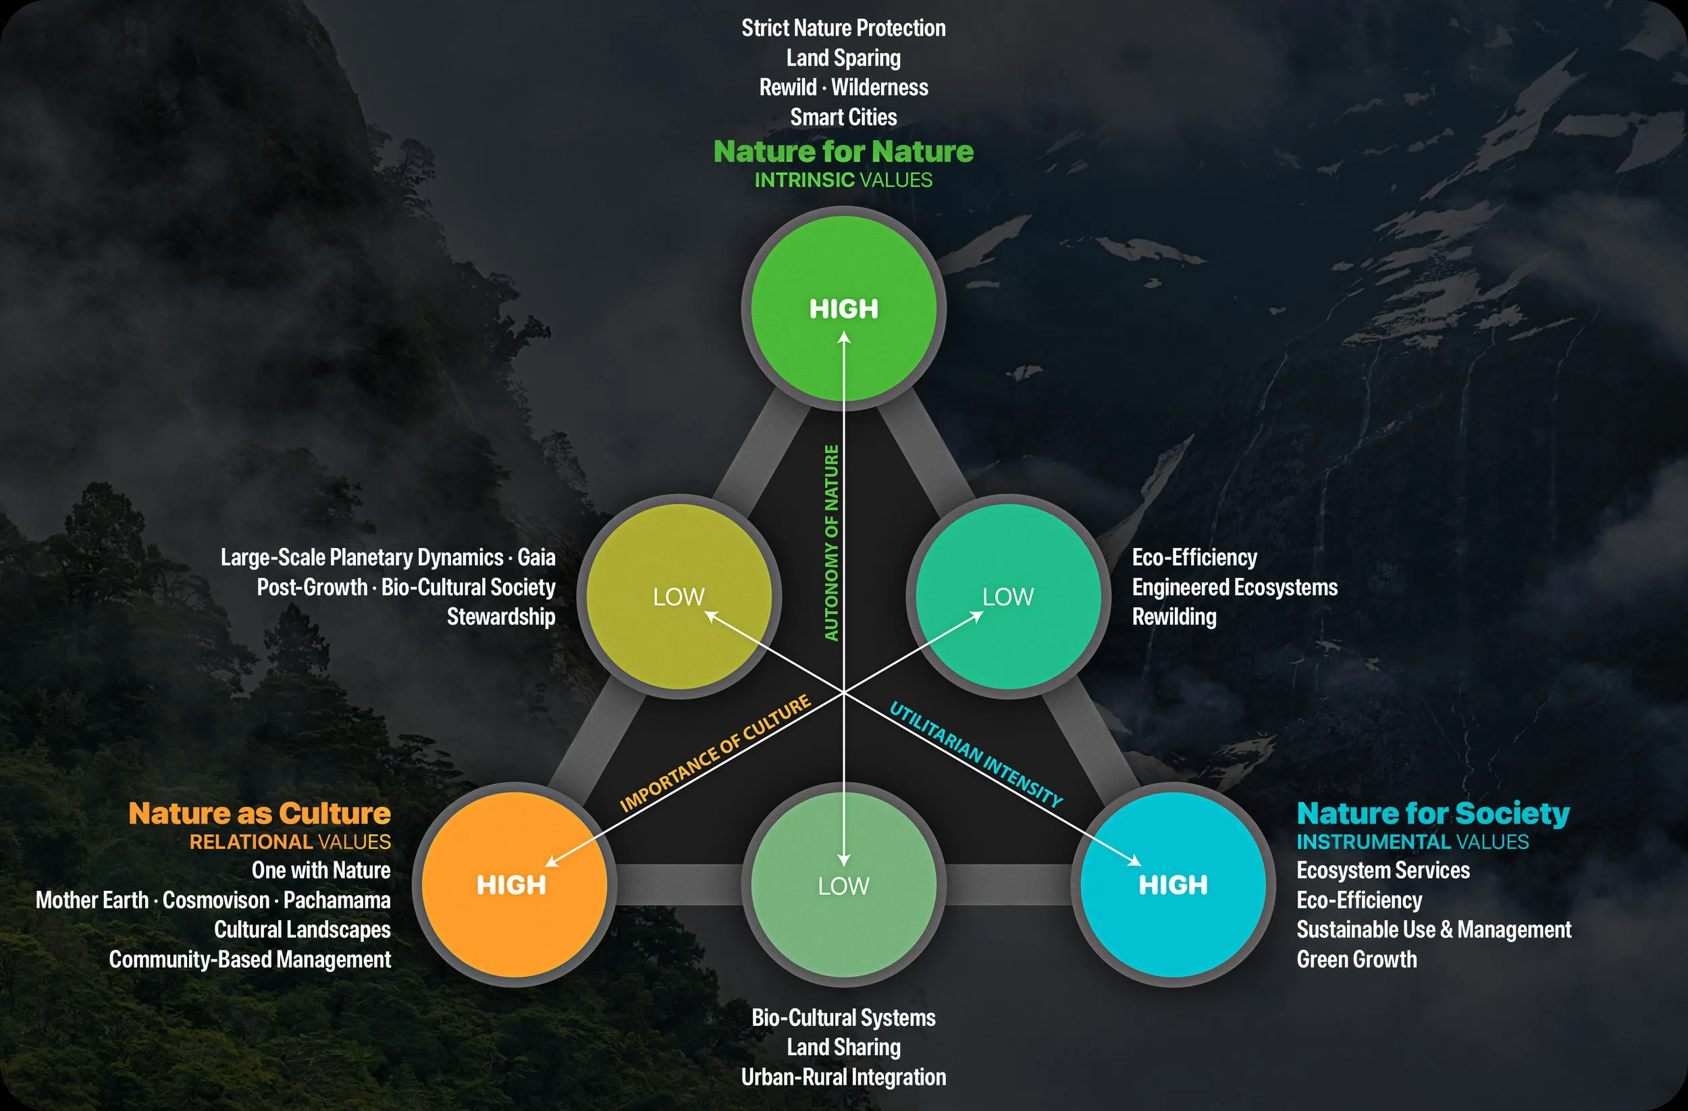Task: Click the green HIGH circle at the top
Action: click(x=843, y=308)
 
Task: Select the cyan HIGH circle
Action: click(x=1173, y=884)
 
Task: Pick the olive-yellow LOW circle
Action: click(x=679, y=596)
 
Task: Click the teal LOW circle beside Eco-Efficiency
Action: click(x=1008, y=596)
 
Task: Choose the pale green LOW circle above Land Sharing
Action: click(x=843, y=884)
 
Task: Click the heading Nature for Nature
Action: click(x=843, y=152)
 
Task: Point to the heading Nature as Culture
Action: click(x=259, y=813)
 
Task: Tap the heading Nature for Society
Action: click(x=1433, y=813)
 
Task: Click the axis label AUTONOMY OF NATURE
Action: click(x=831, y=543)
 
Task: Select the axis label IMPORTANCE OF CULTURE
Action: click(x=715, y=753)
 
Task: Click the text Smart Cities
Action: click(x=843, y=117)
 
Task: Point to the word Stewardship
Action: click(x=501, y=617)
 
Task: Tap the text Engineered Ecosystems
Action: click(x=1234, y=587)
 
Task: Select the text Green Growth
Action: click(x=1356, y=959)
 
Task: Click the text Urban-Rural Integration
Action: click(x=843, y=1077)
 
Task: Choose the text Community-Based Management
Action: click(x=250, y=959)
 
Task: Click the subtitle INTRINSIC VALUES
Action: click(x=843, y=180)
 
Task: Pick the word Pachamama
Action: click(x=337, y=900)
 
